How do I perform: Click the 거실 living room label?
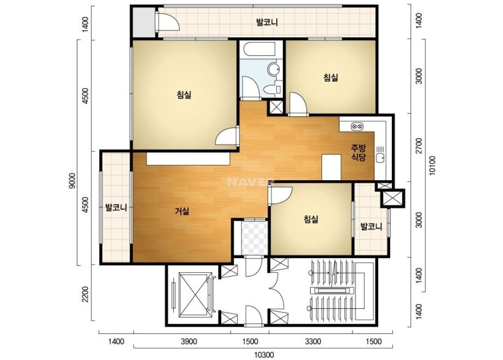[x=182, y=211]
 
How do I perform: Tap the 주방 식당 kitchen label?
[x=358, y=152]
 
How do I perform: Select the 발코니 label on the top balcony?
[x=267, y=22]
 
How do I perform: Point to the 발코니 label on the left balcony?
[x=116, y=208]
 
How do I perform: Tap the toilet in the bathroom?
[x=271, y=89]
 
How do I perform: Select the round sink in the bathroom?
[x=274, y=68]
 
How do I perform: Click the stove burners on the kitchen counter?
[x=357, y=126]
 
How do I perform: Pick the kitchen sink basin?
[x=381, y=158]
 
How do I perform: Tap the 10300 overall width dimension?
[x=264, y=355]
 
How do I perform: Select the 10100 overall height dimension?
[x=432, y=165]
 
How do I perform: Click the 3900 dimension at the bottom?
[x=189, y=341]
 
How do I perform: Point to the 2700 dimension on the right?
[x=419, y=146]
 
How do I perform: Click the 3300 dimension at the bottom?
[x=313, y=341]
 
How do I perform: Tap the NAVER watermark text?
[x=250, y=182]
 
